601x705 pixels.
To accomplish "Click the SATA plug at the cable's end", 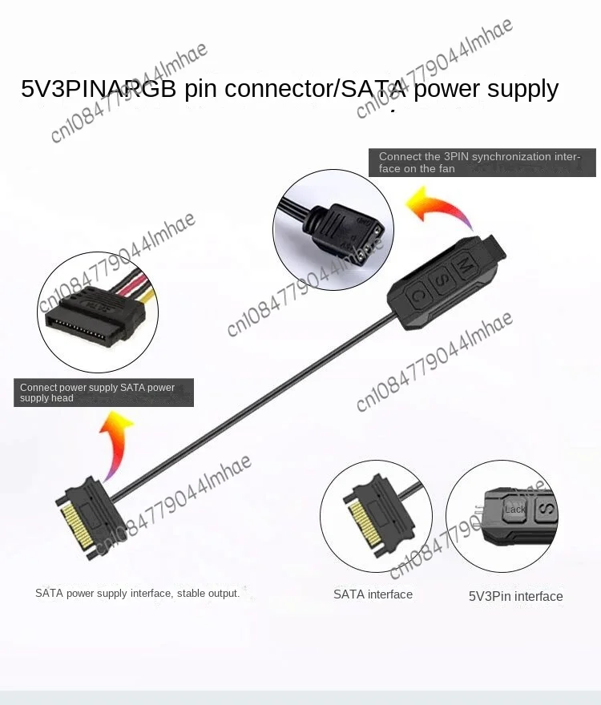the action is (88, 517).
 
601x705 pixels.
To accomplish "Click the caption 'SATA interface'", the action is (373, 594).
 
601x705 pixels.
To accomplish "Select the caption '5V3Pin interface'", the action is (515, 596).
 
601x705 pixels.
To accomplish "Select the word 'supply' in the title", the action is (518, 88).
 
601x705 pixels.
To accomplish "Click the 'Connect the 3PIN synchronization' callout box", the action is (482, 163).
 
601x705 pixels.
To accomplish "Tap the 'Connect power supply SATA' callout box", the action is (103, 393).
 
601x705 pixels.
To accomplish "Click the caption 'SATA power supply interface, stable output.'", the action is (137, 594).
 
